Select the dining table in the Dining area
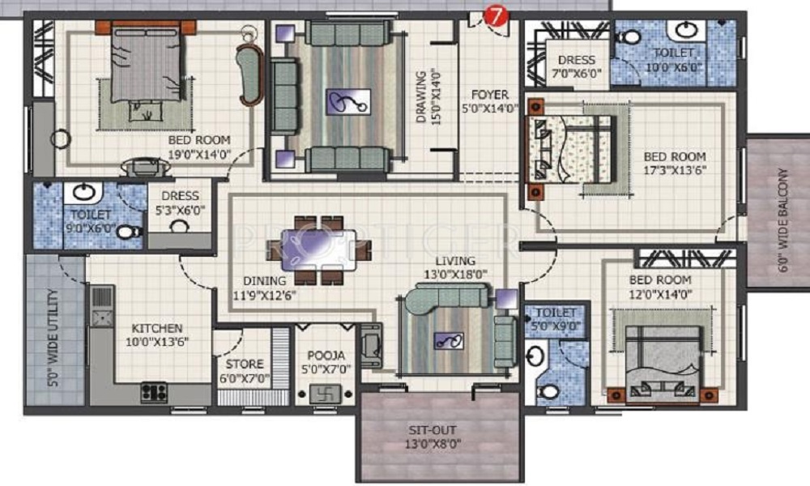(x=318, y=249)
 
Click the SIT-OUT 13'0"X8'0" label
(x=437, y=437)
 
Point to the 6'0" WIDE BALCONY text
(x=782, y=212)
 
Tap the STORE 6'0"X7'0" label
(x=244, y=371)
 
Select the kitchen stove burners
(x=154, y=392)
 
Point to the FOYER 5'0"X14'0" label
(x=490, y=102)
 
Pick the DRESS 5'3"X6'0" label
(x=179, y=202)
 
